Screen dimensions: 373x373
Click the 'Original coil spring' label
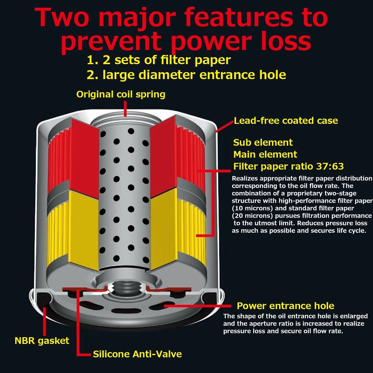click(121, 94)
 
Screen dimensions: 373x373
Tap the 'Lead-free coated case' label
click(286, 120)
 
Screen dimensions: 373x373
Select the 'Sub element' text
click(263, 142)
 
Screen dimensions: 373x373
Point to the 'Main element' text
click(265, 154)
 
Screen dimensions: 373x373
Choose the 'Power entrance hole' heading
click(286, 306)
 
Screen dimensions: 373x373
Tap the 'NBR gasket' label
click(42, 341)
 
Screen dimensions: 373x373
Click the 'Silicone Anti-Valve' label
click(137, 354)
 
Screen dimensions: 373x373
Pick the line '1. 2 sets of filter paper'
click(159, 60)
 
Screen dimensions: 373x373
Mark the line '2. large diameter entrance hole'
click(186, 75)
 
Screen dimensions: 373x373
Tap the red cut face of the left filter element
click(83, 155)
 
